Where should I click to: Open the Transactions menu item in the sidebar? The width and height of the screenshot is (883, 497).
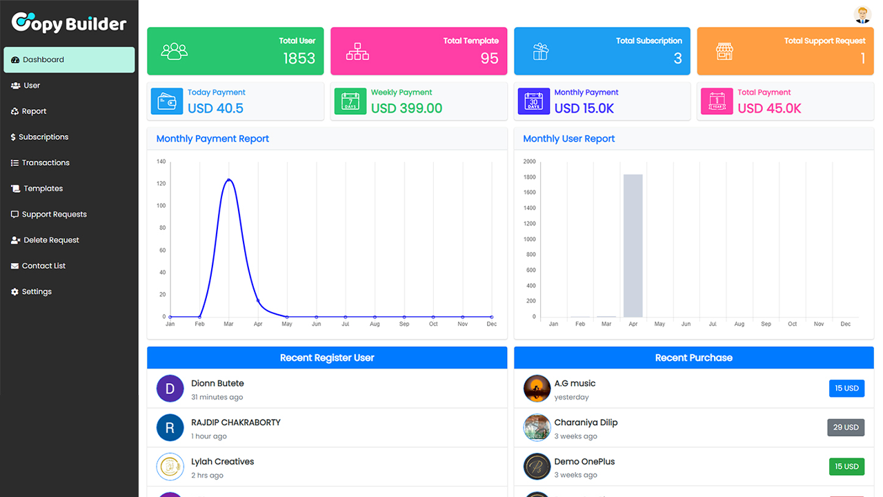(46, 163)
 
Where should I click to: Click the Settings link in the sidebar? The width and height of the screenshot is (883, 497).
(37, 292)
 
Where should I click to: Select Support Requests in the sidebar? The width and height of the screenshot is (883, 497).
(54, 215)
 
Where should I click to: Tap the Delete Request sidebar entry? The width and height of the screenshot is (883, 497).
(51, 240)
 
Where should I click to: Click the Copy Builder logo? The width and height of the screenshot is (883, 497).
(69, 23)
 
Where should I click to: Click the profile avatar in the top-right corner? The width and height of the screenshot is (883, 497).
(862, 14)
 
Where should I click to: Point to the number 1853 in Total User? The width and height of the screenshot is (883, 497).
(299, 59)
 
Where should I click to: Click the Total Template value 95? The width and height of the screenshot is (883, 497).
(489, 59)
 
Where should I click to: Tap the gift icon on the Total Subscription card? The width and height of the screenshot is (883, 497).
(541, 51)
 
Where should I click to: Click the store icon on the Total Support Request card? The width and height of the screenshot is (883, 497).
(724, 51)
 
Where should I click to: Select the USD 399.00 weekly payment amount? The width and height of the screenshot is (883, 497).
(406, 108)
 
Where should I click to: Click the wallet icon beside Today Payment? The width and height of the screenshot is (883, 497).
(167, 102)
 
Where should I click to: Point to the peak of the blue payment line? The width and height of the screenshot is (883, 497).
(228, 180)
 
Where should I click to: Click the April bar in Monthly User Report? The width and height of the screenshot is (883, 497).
(633, 246)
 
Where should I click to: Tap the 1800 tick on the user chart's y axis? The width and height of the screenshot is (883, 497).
(529, 177)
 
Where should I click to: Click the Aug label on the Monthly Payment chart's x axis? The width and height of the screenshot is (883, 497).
(375, 324)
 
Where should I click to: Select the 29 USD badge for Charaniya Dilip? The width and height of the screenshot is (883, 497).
(846, 427)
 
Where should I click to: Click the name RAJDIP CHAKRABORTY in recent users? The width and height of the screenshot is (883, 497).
(236, 422)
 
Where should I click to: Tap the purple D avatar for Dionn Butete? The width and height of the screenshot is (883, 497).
(170, 389)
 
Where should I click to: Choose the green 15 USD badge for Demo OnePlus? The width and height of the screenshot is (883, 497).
(846, 467)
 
